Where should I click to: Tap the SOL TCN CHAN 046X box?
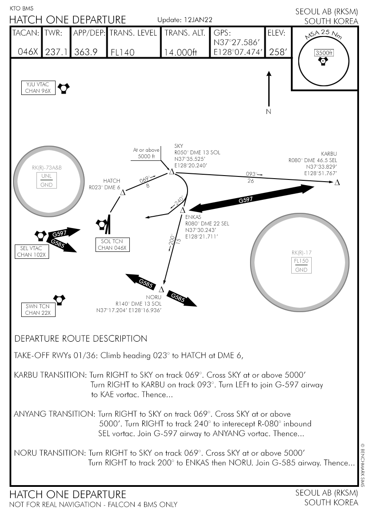112,245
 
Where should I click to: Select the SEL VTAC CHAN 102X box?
32,251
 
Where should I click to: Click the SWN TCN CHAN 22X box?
38,310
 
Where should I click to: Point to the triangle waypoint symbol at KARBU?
337,183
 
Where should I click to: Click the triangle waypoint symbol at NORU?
161,289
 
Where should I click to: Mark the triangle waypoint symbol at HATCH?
122,192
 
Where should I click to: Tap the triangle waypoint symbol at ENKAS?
183,211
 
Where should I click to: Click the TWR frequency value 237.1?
56,52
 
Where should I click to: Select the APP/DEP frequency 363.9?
85,52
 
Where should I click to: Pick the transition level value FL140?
122,52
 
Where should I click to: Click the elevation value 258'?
278,52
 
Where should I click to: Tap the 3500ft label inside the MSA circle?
324,53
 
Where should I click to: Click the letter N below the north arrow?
268,112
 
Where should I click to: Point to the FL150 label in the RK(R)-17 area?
301,261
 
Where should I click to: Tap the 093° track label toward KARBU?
250,174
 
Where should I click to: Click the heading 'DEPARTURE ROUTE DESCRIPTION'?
81,339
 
